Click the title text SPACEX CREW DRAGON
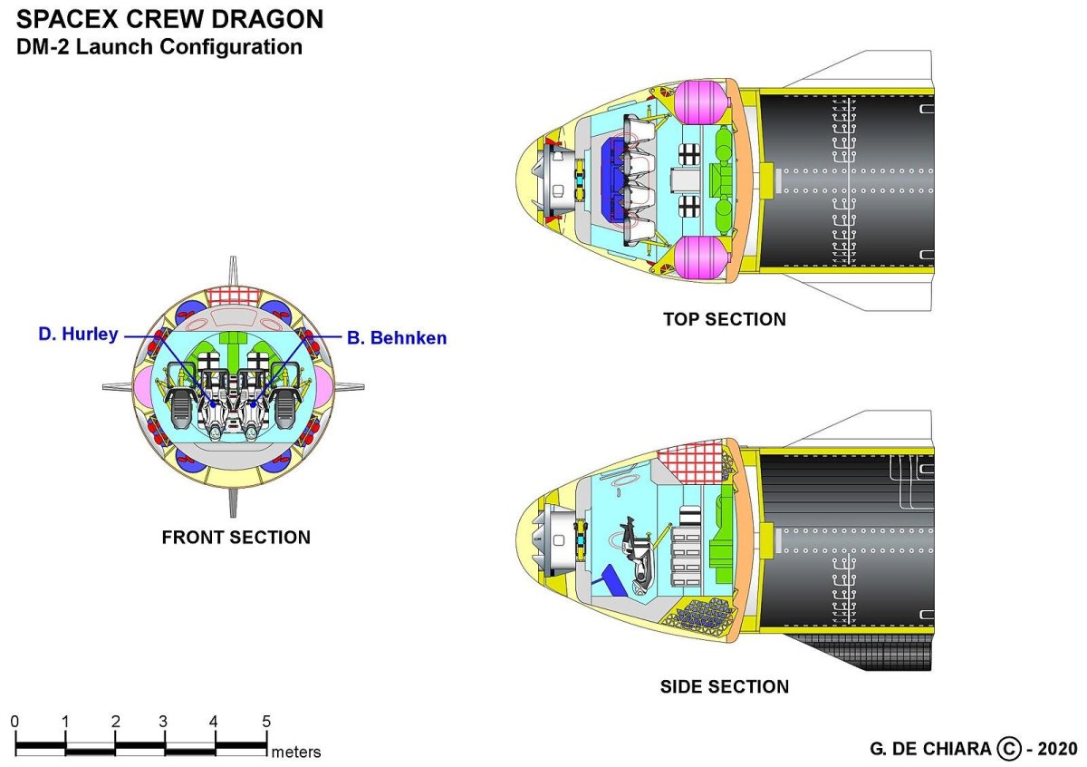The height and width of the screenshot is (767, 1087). click(x=169, y=19)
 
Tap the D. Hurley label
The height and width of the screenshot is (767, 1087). click(x=78, y=335)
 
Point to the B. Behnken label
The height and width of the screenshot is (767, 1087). click(x=397, y=338)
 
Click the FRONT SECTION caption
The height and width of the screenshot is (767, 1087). click(x=236, y=538)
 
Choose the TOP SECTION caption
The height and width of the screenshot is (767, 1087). click(x=724, y=319)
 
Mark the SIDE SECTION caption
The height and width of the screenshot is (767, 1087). click(x=724, y=686)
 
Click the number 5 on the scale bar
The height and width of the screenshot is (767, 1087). click(x=266, y=723)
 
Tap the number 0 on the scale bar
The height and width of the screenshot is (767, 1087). click(x=14, y=723)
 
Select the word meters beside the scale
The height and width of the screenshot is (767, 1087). click(x=296, y=752)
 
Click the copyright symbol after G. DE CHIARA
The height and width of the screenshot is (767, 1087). click(x=1008, y=749)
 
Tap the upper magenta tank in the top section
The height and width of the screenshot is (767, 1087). click(x=697, y=100)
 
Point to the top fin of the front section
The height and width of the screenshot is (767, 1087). click(x=234, y=271)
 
